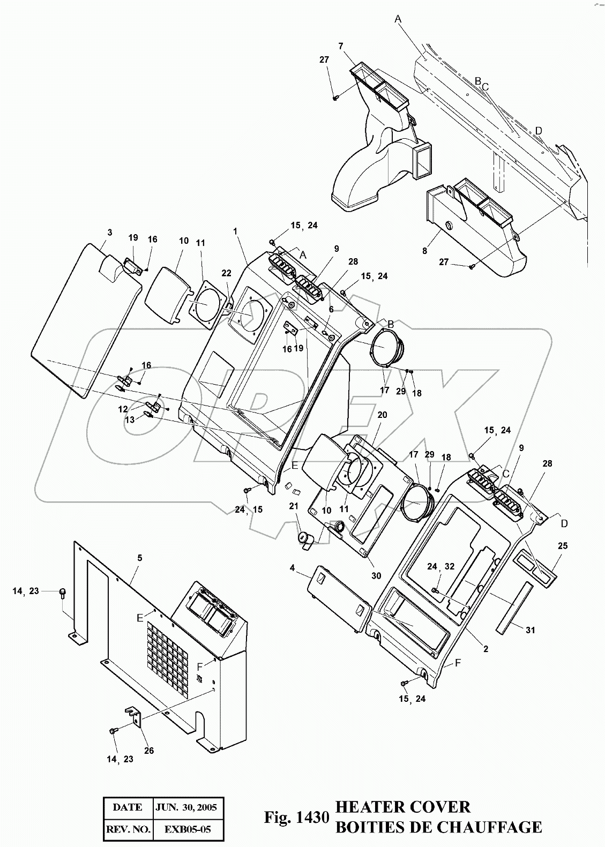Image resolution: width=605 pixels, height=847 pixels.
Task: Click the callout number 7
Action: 341,46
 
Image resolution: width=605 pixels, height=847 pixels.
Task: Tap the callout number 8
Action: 424,251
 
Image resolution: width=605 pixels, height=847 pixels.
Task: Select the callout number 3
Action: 110,233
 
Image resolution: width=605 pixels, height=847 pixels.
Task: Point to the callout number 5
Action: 140,558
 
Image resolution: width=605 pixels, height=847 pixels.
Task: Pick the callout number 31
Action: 530,630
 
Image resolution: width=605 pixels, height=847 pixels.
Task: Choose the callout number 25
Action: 563,545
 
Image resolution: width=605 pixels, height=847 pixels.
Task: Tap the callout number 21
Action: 294,506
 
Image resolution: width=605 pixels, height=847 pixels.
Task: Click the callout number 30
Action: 376,576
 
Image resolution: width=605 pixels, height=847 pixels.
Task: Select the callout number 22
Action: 226,273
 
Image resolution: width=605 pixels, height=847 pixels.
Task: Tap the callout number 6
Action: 331,309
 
